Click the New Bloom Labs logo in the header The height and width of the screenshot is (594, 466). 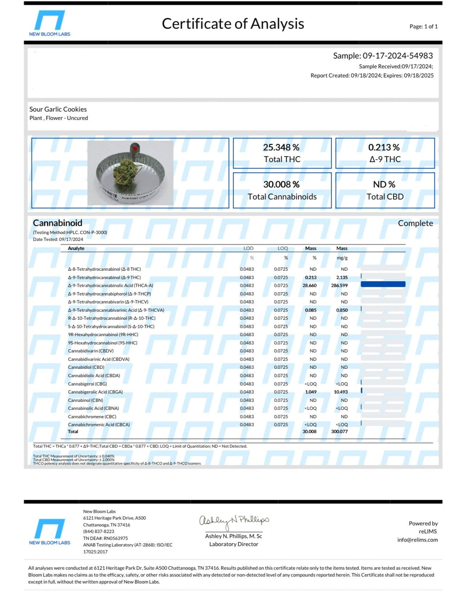(49, 23)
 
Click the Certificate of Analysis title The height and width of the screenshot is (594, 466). (233, 24)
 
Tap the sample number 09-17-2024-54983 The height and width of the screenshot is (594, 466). (398, 56)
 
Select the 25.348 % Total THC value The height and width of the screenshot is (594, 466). (281, 148)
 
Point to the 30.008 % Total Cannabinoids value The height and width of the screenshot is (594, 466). (281, 185)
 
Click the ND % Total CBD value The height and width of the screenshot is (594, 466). (384, 185)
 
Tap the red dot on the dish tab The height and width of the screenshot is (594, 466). (134, 148)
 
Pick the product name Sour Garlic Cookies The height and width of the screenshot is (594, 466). (58, 109)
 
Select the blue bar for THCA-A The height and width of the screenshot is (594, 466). (383, 284)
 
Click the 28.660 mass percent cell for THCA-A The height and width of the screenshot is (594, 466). (310, 286)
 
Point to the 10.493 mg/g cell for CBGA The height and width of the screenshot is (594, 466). (341, 392)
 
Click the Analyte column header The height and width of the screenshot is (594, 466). (76, 248)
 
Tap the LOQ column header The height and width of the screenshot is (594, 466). (283, 248)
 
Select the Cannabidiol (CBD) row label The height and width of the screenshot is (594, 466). (86, 367)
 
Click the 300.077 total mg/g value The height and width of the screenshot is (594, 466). (339, 432)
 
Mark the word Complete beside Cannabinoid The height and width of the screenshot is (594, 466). (415, 223)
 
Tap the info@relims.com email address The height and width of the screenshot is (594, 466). (417, 540)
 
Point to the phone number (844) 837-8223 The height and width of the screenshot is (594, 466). (99, 531)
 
